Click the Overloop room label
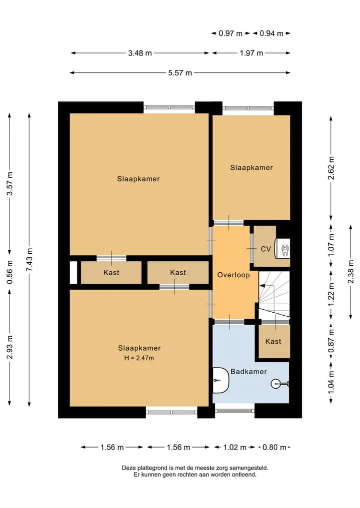(x=233, y=275)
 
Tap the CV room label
(x=265, y=249)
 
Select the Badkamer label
(x=249, y=372)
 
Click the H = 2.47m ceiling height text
(x=139, y=358)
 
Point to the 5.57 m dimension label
(x=180, y=73)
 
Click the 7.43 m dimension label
(x=29, y=260)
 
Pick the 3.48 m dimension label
(x=140, y=53)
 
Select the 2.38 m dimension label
(x=351, y=272)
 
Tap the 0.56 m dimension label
(x=9, y=272)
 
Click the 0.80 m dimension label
(x=274, y=448)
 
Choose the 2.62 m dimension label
(x=331, y=168)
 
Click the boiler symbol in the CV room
(x=282, y=249)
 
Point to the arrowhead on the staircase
(x=262, y=286)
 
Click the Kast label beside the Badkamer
(x=273, y=341)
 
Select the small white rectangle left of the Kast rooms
(x=73, y=272)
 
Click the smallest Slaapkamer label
(x=251, y=167)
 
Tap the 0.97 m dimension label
(x=230, y=33)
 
